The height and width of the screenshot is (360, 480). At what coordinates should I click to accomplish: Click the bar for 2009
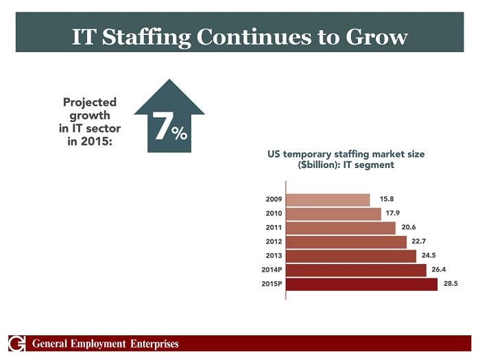[x=328, y=200]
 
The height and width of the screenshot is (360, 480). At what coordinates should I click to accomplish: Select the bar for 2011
[x=341, y=228]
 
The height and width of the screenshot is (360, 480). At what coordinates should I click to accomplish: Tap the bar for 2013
[x=351, y=256]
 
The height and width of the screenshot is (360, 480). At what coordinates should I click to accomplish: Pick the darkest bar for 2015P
[x=361, y=284]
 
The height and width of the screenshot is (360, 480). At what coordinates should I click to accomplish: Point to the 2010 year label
[x=274, y=213]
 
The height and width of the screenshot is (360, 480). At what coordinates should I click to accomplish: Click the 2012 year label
[x=274, y=241]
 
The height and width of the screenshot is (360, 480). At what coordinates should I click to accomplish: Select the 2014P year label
[x=271, y=269]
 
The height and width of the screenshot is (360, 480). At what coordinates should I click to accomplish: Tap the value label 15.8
[x=386, y=200]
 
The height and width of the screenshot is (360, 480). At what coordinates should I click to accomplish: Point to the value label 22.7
[x=420, y=241]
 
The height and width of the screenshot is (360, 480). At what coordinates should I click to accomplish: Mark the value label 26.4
[x=440, y=269]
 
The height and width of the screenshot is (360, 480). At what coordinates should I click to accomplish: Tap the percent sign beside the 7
[x=180, y=134]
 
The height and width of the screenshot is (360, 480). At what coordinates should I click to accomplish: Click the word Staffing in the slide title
[x=147, y=37]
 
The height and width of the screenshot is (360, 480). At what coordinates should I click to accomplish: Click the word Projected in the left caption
[x=90, y=102]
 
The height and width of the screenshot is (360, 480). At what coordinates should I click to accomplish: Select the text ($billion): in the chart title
[x=316, y=165]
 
